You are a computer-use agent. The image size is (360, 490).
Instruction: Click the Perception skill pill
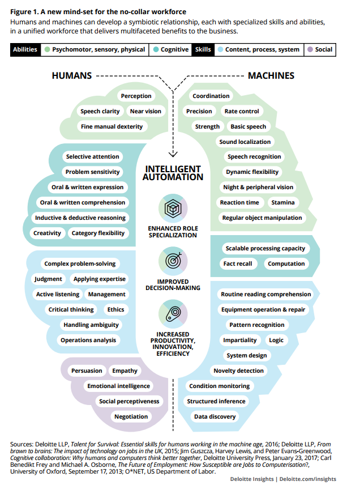click(136, 96)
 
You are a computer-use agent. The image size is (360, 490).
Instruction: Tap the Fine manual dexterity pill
click(112, 127)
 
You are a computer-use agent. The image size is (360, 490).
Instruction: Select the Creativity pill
click(47, 233)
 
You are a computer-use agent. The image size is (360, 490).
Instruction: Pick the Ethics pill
click(115, 310)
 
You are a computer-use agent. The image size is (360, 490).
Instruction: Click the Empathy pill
click(125, 371)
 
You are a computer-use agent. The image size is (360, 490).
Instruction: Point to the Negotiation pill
click(131, 417)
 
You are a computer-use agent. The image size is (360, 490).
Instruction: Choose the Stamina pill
click(282, 203)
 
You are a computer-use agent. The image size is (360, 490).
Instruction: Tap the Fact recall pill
click(237, 264)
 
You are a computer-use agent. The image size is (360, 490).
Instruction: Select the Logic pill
click(276, 340)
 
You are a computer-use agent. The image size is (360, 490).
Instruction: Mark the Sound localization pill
click(245, 142)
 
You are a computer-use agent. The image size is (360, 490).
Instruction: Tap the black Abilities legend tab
click(25, 50)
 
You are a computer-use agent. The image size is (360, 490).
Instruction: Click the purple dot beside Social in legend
click(310, 50)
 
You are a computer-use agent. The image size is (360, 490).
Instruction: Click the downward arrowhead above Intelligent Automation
click(173, 153)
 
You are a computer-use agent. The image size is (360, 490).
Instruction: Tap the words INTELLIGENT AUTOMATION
click(173, 173)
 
